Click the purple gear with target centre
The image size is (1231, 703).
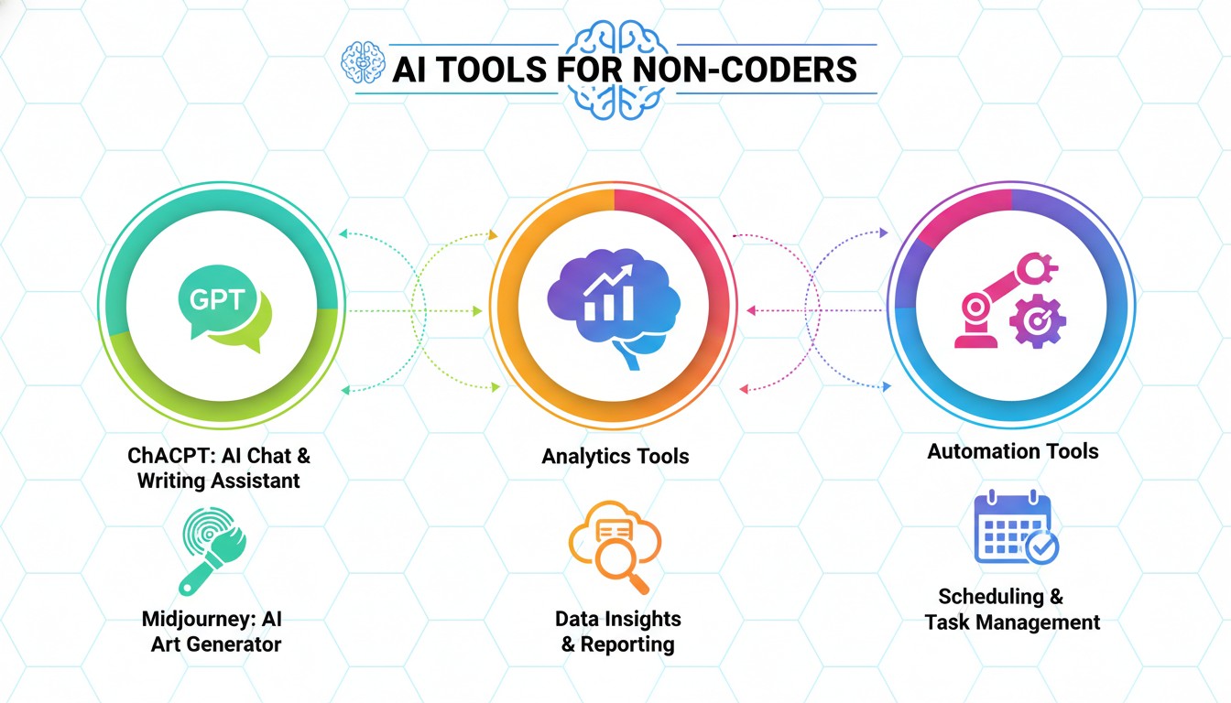[x=1037, y=319]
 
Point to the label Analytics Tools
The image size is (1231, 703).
[x=615, y=456]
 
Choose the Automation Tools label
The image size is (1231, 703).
[x=1012, y=451]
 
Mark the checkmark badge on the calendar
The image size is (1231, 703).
[x=1041, y=546]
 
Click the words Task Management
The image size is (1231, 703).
[x=1012, y=622]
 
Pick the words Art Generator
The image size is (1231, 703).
[x=216, y=644]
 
